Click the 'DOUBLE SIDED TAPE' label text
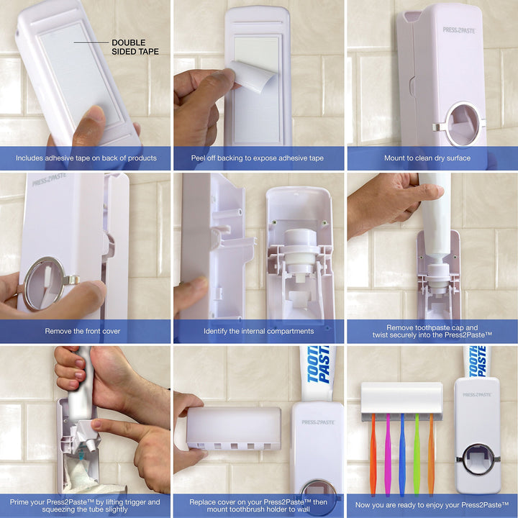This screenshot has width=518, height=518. [135, 47]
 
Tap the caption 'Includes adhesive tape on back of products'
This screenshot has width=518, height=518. [86, 158]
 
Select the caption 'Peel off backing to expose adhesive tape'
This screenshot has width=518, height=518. [258, 158]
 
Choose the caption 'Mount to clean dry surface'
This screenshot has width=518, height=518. [431, 158]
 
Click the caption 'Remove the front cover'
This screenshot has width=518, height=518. [83, 331]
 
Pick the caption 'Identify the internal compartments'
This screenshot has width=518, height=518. [258, 331]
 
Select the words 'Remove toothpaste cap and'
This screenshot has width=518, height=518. [432, 327]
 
